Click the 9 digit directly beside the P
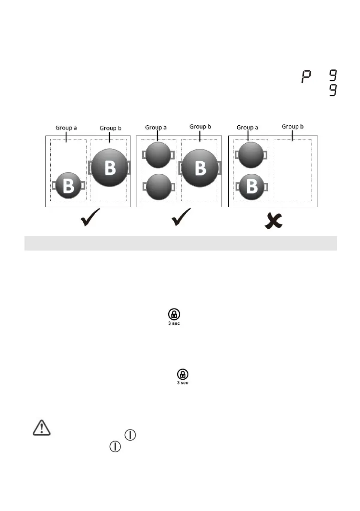pyautogui.click(x=332, y=76)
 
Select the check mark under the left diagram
pyautogui.click(x=90, y=218)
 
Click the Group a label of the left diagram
pyautogui.click(x=67, y=128)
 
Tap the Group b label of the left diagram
pyautogui.click(x=111, y=128)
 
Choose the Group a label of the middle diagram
pyautogui.click(x=156, y=127)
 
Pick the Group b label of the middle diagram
pyautogui.click(x=200, y=126)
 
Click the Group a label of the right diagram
pyautogui.click(x=248, y=127)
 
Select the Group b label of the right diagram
pyautogui.click(x=293, y=126)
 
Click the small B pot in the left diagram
pyautogui.click(x=68, y=185)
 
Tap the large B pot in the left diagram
pyautogui.click(x=109, y=167)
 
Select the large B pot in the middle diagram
pyautogui.click(x=200, y=167)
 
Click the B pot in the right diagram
pyautogui.click(x=251, y=187)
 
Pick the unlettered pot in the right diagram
pyautogui.click(x=251, y=154)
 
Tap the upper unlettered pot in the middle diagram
pyautogui.click(x=159, y=155)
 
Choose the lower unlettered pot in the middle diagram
pyautogui.click(x=159, y=187)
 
